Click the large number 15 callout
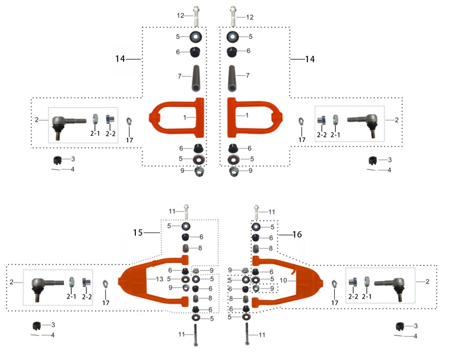coord(138,232)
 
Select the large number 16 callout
coord(297,234)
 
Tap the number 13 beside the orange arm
coord(159,279)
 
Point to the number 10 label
coord(283,280)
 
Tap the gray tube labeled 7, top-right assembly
coord(231,78)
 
